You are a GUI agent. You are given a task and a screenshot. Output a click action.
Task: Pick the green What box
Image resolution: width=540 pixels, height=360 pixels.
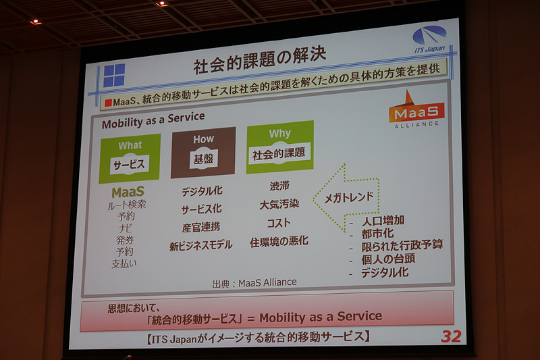point(130,158)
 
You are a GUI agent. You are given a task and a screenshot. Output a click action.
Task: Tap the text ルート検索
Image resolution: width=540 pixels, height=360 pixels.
point(128,204)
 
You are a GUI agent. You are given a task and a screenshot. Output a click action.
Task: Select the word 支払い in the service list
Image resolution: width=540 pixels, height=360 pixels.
point(124,263)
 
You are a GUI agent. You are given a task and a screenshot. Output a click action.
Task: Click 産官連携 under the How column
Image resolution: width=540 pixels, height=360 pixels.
point(200,228)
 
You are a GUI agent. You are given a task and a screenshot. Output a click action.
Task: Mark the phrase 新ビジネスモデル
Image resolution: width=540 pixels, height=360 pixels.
point(200,246)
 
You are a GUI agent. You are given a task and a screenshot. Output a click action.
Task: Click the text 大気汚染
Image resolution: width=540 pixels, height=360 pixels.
point(279,203)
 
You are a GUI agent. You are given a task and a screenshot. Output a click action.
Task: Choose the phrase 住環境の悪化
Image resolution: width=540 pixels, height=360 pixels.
point(279,241)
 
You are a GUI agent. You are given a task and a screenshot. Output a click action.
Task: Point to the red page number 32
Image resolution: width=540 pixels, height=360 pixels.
point(450,336)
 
